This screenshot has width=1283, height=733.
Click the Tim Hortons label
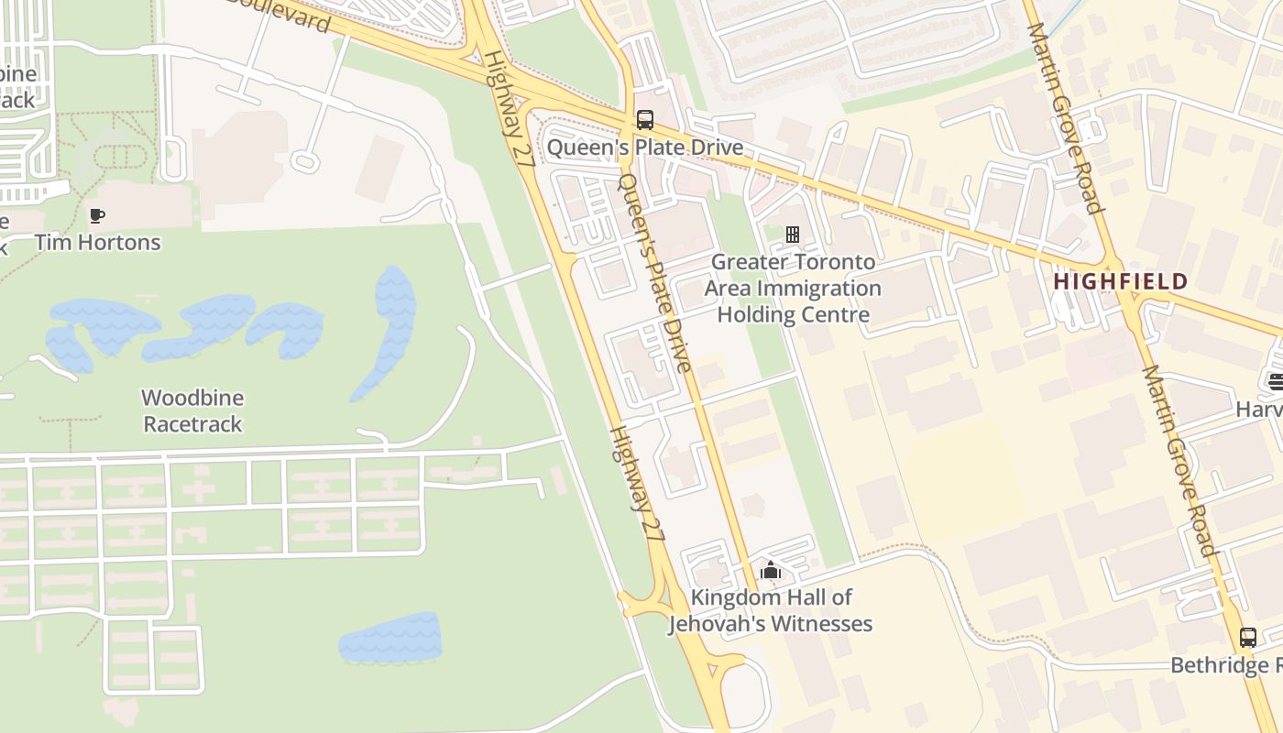coord(97,243)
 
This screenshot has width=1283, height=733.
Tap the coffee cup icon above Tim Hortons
coord(96,216)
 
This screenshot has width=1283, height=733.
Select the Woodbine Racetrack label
coord(192,410)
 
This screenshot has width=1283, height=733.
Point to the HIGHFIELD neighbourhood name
coord(1120,281)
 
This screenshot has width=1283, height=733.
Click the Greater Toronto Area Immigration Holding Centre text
coord(793,288)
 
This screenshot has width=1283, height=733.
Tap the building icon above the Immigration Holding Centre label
coord(793,235)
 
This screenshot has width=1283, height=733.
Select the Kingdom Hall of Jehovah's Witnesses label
coord(770,610)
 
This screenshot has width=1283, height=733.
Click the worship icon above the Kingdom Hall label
coord(770,571)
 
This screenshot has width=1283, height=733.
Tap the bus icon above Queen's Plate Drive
coord(645,120)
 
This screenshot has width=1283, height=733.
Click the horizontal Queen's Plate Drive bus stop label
coord(645,148)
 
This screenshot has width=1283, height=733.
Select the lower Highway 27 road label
coord(636,482)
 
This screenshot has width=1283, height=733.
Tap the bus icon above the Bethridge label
coord(1247,638)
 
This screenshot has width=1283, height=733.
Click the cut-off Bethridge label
coord(1225,665)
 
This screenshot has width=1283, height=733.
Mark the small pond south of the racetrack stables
coord(390,639)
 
